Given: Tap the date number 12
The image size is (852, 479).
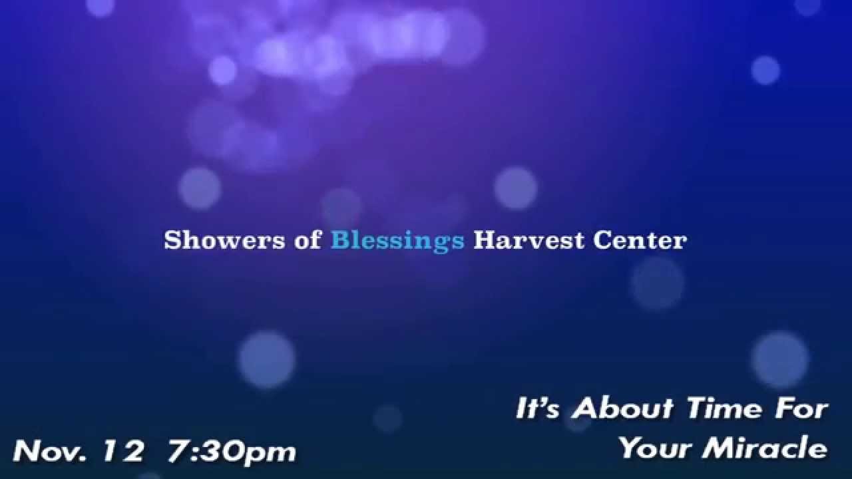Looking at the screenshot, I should point(124,451).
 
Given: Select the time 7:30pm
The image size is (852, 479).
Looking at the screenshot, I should point(232,452).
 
